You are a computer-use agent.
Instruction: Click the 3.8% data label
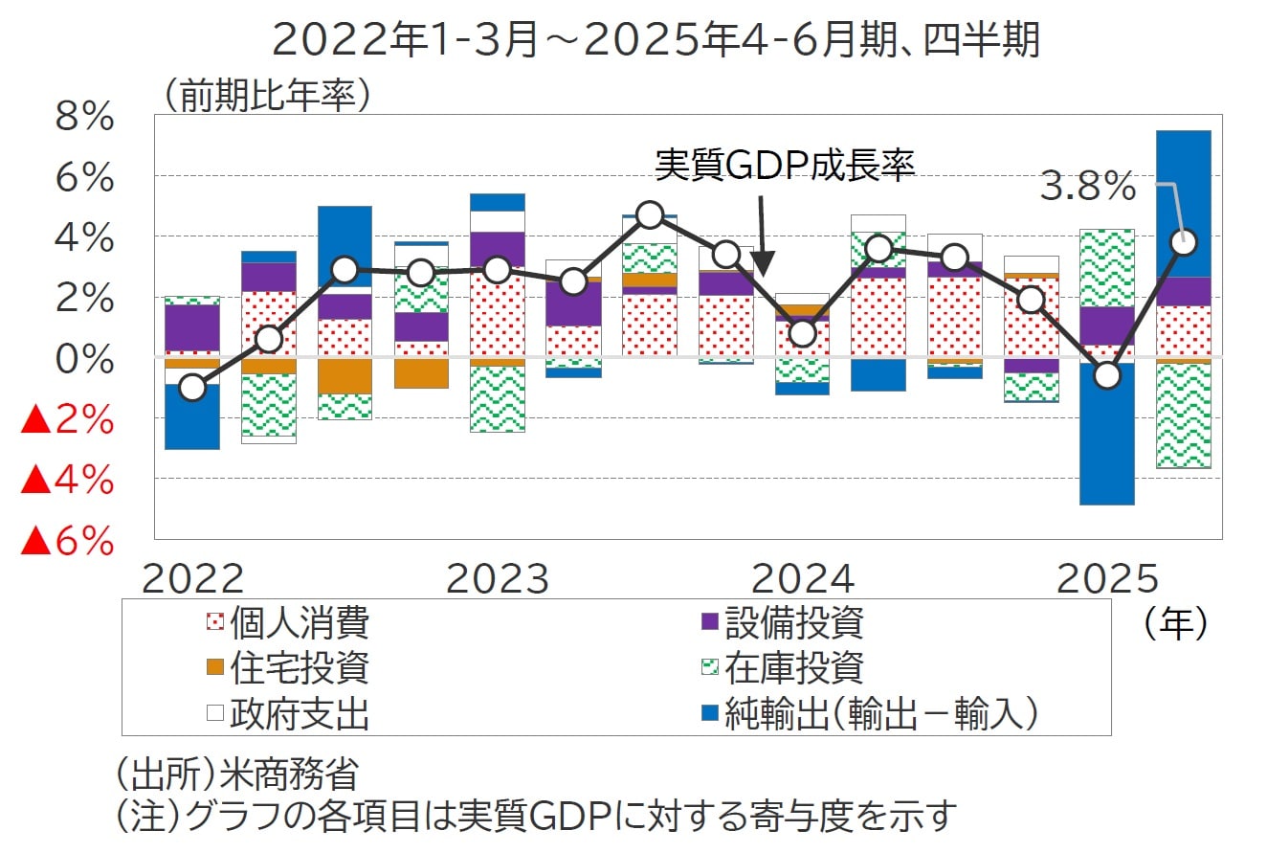tap(1087, 188)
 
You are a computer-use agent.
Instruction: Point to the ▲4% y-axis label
tap(67, 482)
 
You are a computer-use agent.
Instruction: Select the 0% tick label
tap(84, 360)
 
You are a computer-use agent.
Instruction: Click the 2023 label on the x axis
tap(498, 580)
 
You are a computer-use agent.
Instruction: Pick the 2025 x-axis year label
tap(1108, 580)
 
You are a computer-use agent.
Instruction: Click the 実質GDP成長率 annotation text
tap(785, 166)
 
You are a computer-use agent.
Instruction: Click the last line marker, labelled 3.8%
tap(1184, 241)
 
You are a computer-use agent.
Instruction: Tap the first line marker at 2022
tap(192, 388)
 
